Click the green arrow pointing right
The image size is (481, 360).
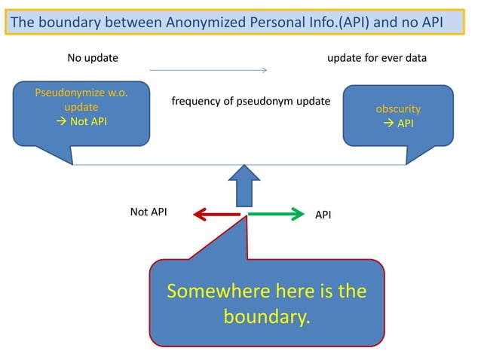coord(275,215)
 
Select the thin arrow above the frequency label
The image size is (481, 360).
coord(208,71)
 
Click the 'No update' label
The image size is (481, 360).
coord(93,58)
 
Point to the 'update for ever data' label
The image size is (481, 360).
coord(377,58)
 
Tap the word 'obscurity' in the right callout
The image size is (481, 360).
coord(398,109)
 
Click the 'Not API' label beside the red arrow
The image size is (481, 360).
coord(149,212)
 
